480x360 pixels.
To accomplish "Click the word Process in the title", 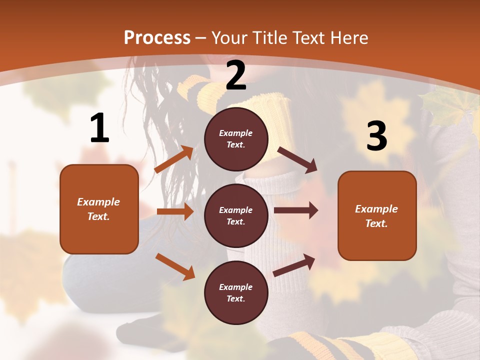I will (157, 38).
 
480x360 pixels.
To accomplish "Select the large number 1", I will (99, 128).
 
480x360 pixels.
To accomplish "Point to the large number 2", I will (236, 76).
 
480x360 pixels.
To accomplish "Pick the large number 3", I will (376, 136).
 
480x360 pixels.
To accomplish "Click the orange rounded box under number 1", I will (99, 209).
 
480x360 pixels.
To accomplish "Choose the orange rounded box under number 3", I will (377, 215).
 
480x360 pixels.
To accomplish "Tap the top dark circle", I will (236, 139).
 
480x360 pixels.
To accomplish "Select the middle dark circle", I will (236, 215).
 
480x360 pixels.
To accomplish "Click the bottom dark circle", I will (236, 292).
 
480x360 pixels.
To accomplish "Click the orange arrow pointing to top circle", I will (174, 159).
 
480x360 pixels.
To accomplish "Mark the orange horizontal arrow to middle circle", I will (175, 211).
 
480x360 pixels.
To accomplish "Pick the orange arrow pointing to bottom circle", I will (175, 266).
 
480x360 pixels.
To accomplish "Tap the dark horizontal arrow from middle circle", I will (296, 210).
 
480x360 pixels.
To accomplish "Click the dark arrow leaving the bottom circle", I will (294, 265).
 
